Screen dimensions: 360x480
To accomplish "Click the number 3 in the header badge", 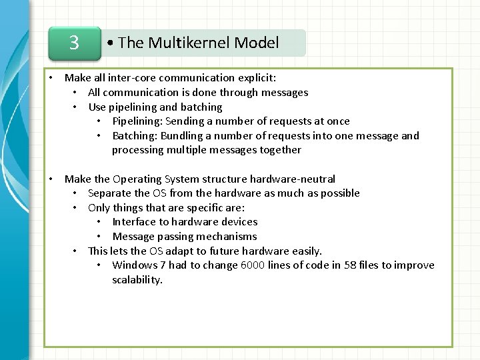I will [74, 43].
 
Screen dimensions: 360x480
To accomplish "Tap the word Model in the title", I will [257, 43].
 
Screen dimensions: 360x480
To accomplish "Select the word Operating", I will [137, 179].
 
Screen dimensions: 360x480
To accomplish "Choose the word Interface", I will [135, 222].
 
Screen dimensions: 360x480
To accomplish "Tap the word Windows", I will [135, 265].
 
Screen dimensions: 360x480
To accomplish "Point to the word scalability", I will [137, 280].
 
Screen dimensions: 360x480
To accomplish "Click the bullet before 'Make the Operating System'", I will [51, 179].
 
